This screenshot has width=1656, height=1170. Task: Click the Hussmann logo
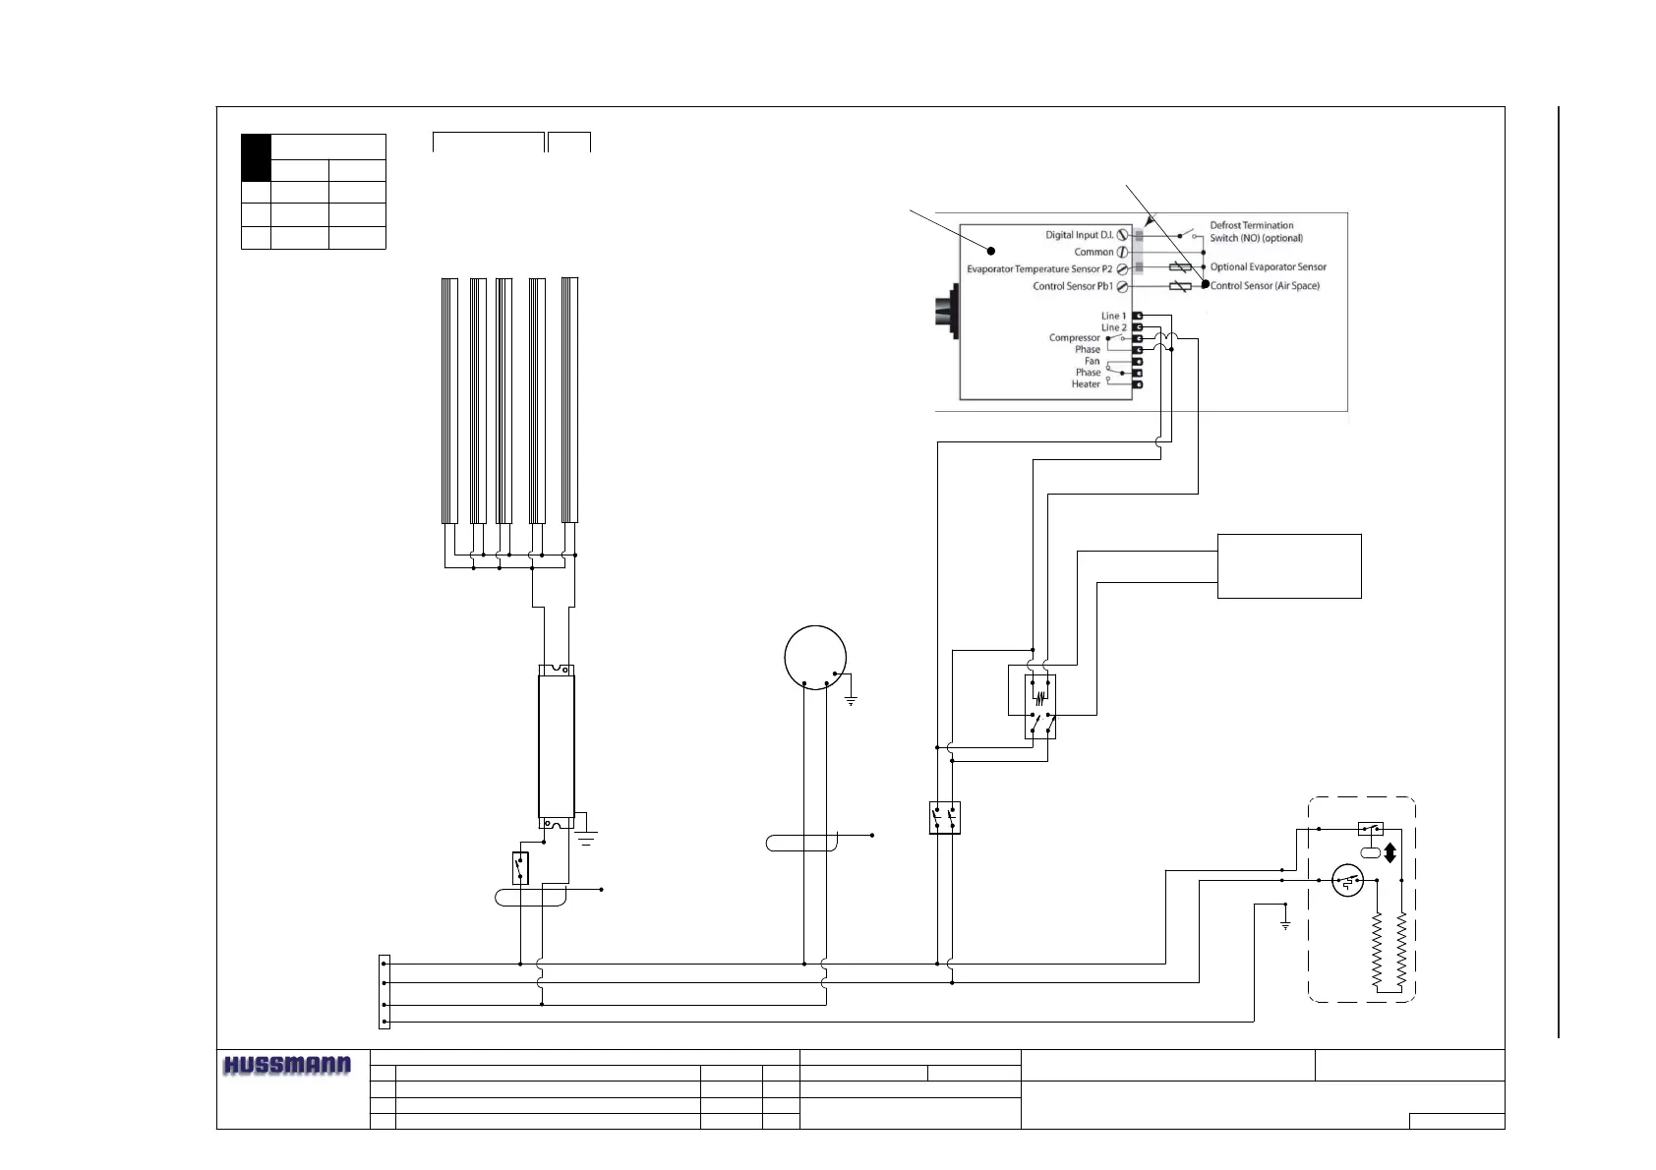click(x=287, y=1066)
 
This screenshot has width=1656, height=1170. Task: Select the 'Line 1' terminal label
click(x=1113, y=316)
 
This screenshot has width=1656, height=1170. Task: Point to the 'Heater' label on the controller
click(x=1086, y=384)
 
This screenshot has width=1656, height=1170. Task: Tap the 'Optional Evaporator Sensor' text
click(x=1268, y=267)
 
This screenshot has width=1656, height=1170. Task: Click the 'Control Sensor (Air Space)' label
click(x=1265, y=286)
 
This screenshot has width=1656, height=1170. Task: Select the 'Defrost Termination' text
click(x=1251, y=225)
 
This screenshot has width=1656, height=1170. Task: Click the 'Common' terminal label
click(x=1094, y=252)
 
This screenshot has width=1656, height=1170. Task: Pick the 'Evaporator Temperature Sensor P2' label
click(x=1039, y=268)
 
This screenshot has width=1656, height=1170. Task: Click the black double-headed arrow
click(x=1390, y=852)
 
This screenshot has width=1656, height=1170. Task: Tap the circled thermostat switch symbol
click(x=1347, y=880)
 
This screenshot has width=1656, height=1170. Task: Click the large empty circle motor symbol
click(x=815, y=657)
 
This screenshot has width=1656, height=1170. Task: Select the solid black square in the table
click(x=256, y=157)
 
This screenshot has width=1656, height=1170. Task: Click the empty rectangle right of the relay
click(x=1289, y=566)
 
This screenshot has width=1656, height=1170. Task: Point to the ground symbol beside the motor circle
click(x=851, y=700)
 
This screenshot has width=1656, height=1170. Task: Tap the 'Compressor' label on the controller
click(x=1074, y=338)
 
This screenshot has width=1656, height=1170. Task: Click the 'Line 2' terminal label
click(x=1113, y=327)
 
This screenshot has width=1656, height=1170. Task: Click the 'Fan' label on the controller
click(x=1092, y=361)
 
